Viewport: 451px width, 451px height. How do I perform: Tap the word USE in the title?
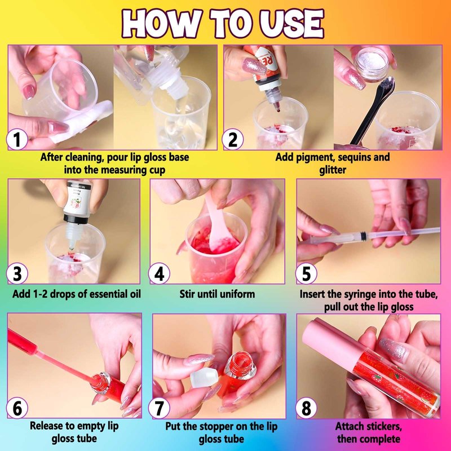point(292,24)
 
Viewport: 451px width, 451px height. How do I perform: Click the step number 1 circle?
point(17,139)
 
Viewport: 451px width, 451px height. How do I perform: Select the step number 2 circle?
point(232,139)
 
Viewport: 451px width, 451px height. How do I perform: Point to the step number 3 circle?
point(17,273)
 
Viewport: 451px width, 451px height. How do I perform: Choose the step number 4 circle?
point(159,273)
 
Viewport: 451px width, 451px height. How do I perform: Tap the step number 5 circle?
point(306,273)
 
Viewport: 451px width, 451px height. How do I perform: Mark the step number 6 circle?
point(17,408)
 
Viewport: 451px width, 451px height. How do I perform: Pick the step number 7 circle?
point(159,408)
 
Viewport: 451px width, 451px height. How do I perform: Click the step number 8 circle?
point(306,408)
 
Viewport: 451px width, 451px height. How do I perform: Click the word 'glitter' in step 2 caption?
point(333,170)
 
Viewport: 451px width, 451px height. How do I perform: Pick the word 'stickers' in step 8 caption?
point(381,426)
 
